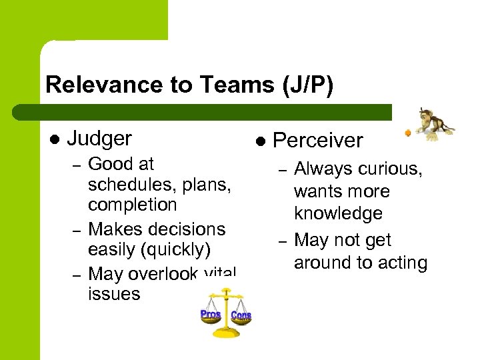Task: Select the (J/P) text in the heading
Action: pos(303,85)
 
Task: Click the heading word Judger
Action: pos(99,139)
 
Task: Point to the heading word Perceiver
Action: pos(318,141)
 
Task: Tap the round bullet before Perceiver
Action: pos(260,141)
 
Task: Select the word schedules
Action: pos(128,184)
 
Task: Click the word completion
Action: pos(132,205)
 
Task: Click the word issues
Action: pos(114,293)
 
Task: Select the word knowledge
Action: pos(339,213)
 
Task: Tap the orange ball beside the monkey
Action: pos(407,133)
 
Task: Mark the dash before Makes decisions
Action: pos(77,230)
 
